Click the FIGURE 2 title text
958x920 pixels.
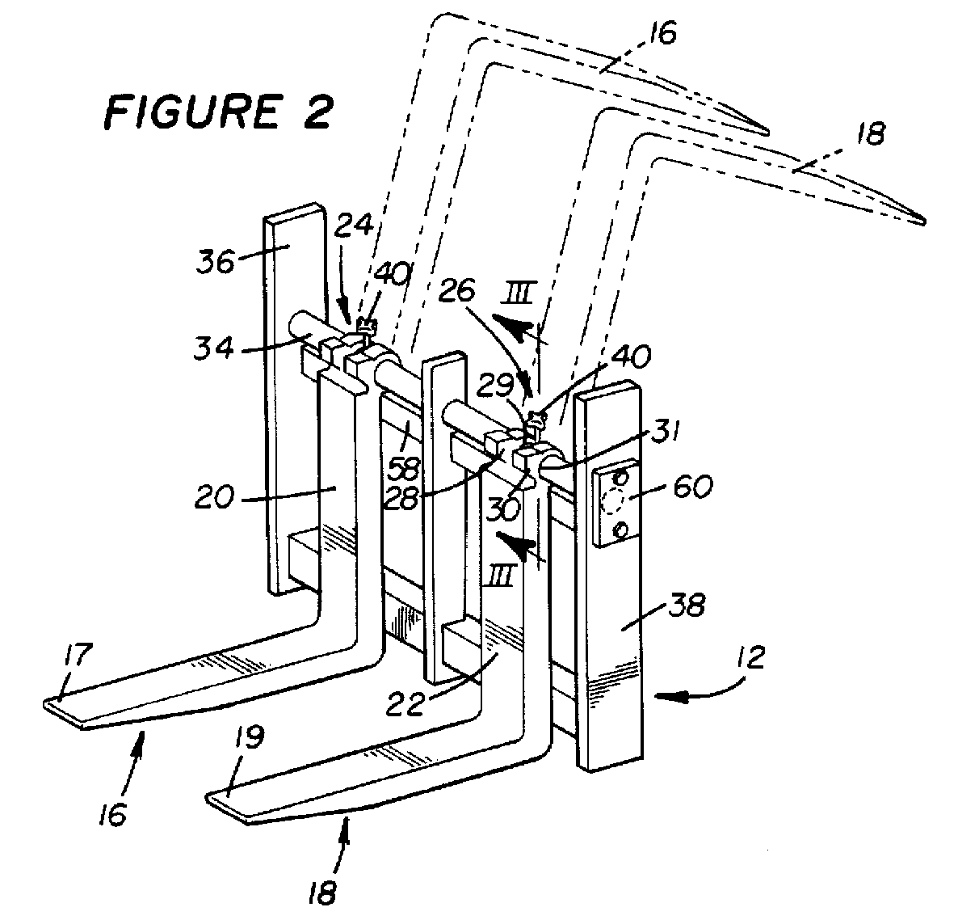[219, 112]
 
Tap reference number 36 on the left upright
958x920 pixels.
[216, 263]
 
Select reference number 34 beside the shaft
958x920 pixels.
[214, 348]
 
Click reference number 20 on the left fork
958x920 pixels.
[214, 496]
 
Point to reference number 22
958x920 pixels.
[405, 705]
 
